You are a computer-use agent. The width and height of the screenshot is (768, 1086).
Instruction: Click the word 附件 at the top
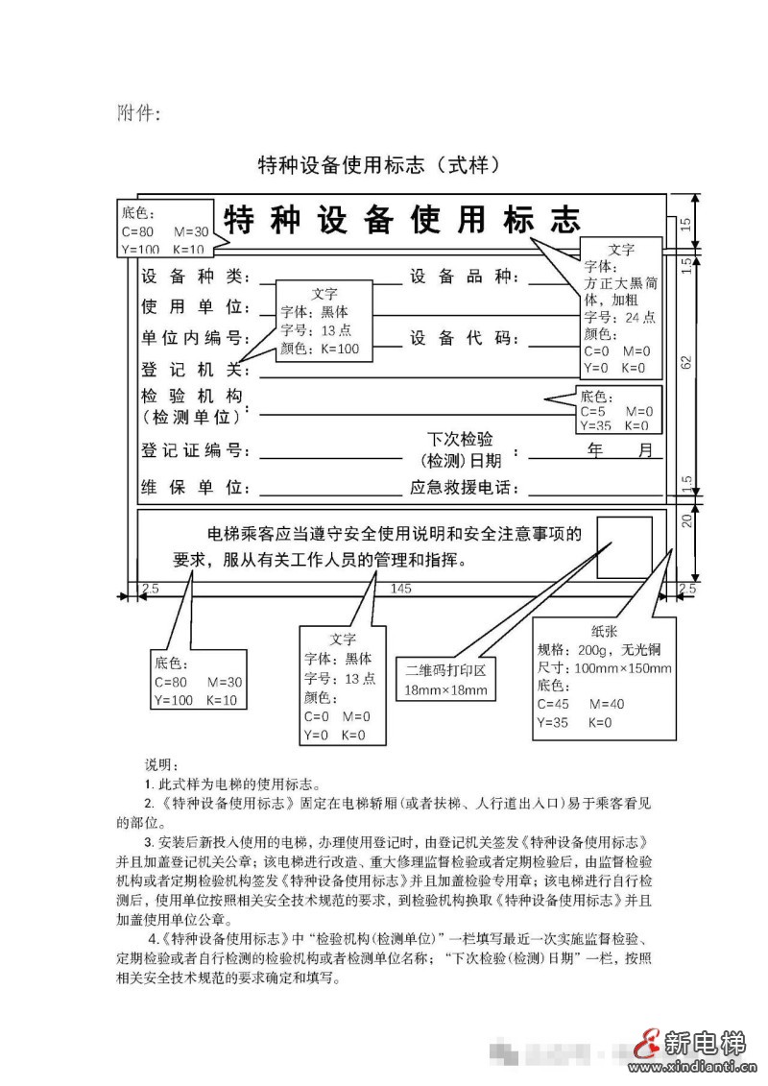pos(138,113)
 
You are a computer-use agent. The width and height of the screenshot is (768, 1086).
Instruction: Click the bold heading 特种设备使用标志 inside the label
pos(402,220)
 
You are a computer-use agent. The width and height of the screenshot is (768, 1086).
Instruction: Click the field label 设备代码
pos(464,338)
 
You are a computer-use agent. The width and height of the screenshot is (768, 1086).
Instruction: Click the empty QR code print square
pos(625,547)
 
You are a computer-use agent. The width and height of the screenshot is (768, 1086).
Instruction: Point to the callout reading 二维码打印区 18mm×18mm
pos(446,681)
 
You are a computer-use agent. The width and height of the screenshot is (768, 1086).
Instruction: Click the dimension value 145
pos(401,588)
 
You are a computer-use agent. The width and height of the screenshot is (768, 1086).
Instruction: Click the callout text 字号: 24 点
pos(620,317)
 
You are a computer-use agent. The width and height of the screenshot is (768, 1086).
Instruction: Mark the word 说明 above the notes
pos(161,765)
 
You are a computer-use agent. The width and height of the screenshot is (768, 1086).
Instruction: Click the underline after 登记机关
pos(461,375)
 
